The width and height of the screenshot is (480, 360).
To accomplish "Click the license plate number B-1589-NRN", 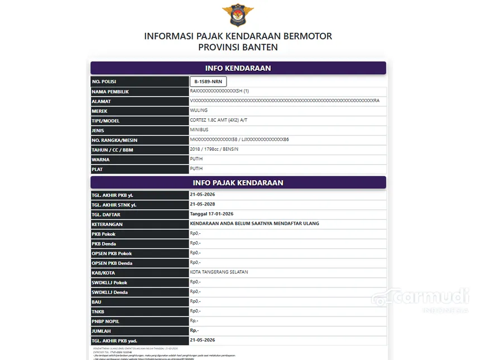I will pos(208,81).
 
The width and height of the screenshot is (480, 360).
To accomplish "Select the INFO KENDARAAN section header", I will pos(238,68).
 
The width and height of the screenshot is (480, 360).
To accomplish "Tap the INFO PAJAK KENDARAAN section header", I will pos(238,183).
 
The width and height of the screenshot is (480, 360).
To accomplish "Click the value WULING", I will pos(199,111).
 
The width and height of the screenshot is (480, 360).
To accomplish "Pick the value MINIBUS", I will pos(200,130).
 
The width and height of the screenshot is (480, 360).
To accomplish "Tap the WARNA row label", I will pos(100,160).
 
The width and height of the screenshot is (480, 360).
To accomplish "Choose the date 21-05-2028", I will pos(203,204).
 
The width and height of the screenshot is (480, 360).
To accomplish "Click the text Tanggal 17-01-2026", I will pos(212,214).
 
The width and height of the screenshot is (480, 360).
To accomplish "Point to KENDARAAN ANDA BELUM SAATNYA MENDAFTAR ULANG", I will pos(255,223).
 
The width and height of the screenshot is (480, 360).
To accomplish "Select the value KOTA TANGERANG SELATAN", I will pos(219,272).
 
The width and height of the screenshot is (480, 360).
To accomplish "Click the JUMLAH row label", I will pos(102,331).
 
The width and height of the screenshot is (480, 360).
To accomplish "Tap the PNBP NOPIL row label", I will pos(105,321).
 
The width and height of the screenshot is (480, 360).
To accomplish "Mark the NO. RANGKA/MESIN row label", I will pos(114,140).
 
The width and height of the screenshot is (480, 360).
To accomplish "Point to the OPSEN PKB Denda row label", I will pos(112,263).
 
